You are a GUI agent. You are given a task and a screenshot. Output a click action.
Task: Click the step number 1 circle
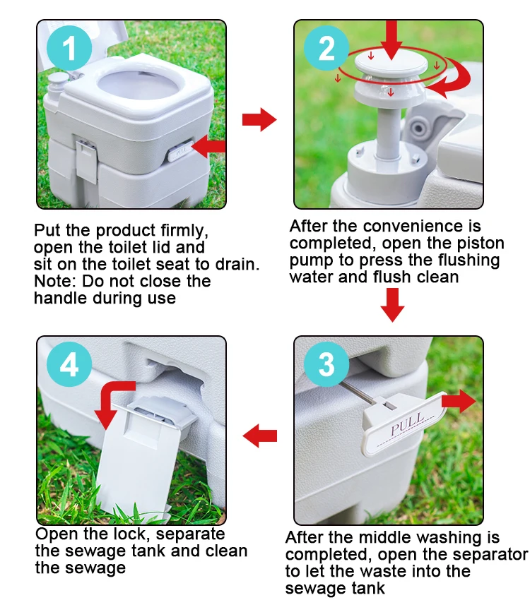69,48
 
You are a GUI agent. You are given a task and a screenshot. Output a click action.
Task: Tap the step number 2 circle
326,48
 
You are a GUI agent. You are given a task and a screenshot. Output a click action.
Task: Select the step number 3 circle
326,364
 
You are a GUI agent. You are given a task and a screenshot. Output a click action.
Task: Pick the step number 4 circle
69,364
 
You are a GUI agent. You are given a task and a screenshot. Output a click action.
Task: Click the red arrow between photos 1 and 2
259,119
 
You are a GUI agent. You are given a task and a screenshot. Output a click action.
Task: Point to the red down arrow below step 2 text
392,305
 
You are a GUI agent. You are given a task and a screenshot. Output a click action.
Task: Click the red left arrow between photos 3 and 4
259,436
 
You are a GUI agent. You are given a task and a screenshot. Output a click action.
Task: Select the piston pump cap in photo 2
391,66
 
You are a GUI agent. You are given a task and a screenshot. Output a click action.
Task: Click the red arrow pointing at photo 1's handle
208,146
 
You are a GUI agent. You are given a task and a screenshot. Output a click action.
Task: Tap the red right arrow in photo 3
459,401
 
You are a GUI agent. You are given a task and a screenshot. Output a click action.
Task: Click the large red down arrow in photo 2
391,40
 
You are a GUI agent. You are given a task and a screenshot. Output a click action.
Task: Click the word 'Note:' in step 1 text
55,282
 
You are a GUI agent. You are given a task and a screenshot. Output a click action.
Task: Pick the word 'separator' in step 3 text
492,555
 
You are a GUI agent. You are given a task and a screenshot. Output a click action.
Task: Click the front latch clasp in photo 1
86,161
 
